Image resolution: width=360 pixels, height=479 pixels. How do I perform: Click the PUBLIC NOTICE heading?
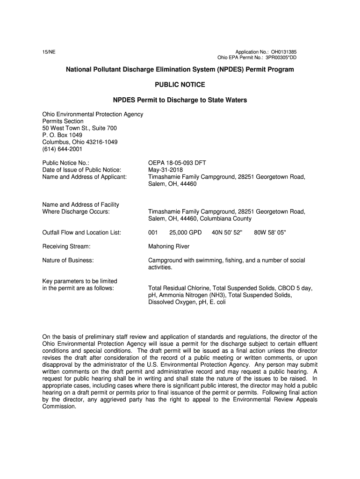180,85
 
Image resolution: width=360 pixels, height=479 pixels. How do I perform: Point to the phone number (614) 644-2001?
62,149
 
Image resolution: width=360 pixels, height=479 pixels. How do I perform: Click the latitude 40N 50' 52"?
227,232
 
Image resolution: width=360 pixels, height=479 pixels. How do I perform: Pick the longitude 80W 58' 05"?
269,232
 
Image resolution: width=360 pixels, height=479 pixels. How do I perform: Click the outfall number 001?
153,232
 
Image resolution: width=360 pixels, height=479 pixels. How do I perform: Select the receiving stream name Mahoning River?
169,246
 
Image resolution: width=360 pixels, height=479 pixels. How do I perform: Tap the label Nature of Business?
68,260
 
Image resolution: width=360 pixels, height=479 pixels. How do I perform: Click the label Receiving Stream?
66,246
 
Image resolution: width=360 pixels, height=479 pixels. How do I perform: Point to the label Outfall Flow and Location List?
82,232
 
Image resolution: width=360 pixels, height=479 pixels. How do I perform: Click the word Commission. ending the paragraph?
59,406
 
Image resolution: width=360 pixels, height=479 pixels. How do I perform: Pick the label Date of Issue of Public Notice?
82,170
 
